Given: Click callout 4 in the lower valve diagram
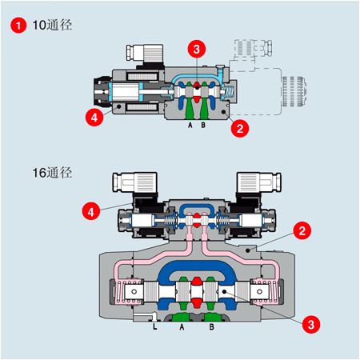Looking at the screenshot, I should pyautogui.click(x=93, y=211).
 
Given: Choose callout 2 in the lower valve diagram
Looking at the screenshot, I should pyautogui.click(x=301, y=232).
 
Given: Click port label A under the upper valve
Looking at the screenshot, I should pyautogui.click(x=190, y=126).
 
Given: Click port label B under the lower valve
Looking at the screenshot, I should pyautogui.click(x=211, y=327).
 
